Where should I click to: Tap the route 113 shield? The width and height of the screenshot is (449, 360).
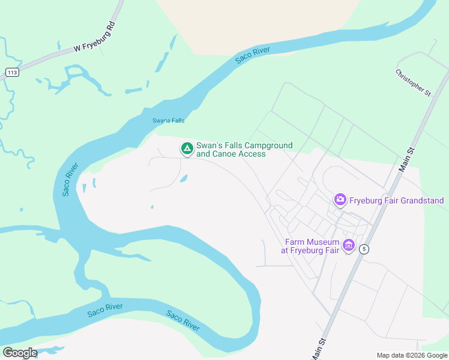point(11,73)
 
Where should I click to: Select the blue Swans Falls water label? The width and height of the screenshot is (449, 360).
point(168,121)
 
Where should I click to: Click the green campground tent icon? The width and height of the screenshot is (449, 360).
point(187,148)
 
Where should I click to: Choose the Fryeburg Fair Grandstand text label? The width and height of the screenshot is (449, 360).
point(397,200)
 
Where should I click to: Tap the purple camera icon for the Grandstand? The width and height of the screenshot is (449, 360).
point(340,199)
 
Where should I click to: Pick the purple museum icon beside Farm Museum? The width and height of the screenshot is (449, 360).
point(348,245)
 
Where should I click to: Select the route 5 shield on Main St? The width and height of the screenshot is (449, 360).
point(364,249)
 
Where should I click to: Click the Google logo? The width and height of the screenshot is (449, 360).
point(19,353)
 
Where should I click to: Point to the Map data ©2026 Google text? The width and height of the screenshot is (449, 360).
point(411,355)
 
